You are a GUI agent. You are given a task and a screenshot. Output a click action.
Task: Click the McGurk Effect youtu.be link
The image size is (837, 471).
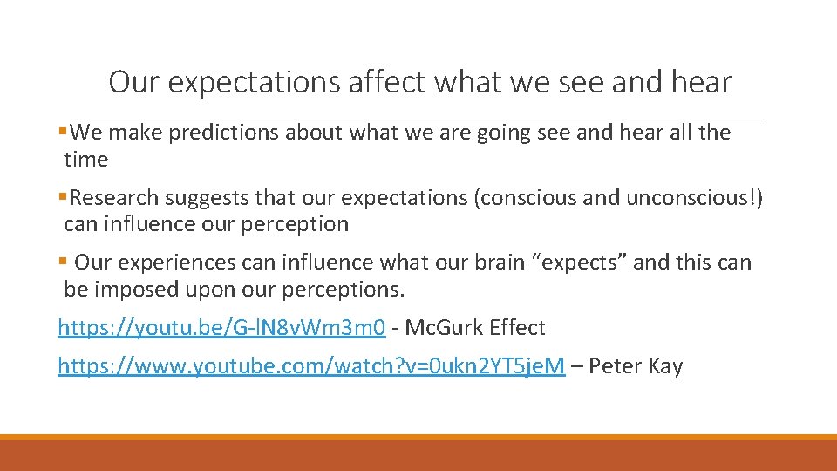pyautogui.click(x=221, y=328)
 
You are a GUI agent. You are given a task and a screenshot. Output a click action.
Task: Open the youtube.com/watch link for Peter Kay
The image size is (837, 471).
pyautogui.click(x=311, y=366)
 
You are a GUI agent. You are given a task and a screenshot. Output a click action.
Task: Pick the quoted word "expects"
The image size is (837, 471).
pyautogui.click(x=578, y=263)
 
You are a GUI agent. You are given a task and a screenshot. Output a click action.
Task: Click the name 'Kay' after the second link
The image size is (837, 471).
pyautogui.click(x=664, y=366)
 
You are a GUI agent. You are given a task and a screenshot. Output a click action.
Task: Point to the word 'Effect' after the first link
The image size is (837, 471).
pyautogui.click(x=517, y=328)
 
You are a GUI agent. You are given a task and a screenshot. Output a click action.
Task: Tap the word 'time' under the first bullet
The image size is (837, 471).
pyautogui.click(x=86, y=160)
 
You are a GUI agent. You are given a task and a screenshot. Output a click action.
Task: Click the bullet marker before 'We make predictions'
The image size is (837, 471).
pyautogui.click(x=63, y=133)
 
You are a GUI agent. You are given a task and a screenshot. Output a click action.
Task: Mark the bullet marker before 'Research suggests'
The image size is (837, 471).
pyautogui.click(x=63, y=197)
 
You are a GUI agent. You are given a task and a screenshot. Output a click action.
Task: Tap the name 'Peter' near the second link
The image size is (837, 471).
pyautogui.click(x=616, y=366)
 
